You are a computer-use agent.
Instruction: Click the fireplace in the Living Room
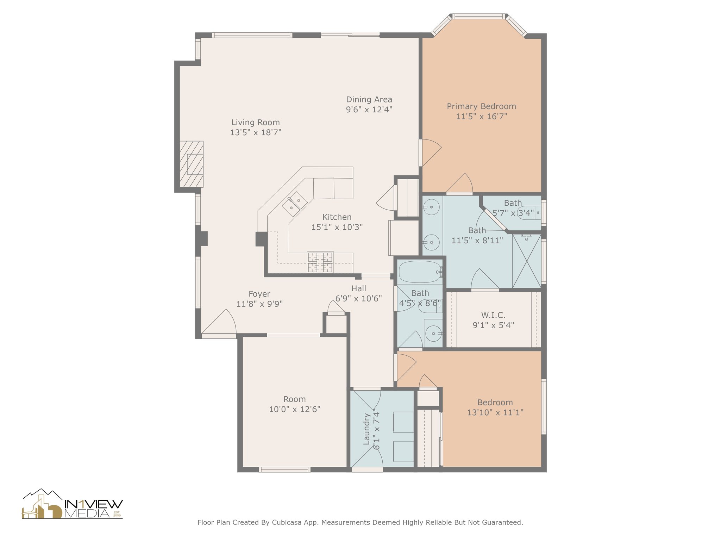pyautogui.click(x=192, y=164)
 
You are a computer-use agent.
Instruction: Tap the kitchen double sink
pyautogui.click(x=295, y=204)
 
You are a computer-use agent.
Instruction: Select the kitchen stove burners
pyautogui.click(x=320, y=262)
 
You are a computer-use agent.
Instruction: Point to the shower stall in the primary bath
pyautogui.click(x=527, y=261)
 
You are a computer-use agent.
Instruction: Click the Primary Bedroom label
pyautogui.click(x=481, y=106)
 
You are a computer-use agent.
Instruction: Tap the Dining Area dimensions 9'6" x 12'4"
pyautogui.click(x=369, y=110)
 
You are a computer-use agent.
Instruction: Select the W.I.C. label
pyautogui.click(x=493, y=315)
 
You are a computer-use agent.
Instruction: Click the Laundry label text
pyautogui.click(x=366, y=429)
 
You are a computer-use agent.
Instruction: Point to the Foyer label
pyautogui.click(x=259, y=294)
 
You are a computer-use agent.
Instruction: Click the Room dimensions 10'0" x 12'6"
pyautogui.click(x=295, y=409)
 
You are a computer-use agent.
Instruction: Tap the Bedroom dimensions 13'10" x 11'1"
pyautogui.click(x=495, y=412)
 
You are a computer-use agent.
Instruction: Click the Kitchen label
pyautogui.click(x=337, y=217)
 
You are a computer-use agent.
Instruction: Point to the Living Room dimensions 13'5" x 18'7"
pyautogui.click(x=256, y=133)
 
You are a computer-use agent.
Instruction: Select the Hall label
pyautogui.click(x=359, y=288)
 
